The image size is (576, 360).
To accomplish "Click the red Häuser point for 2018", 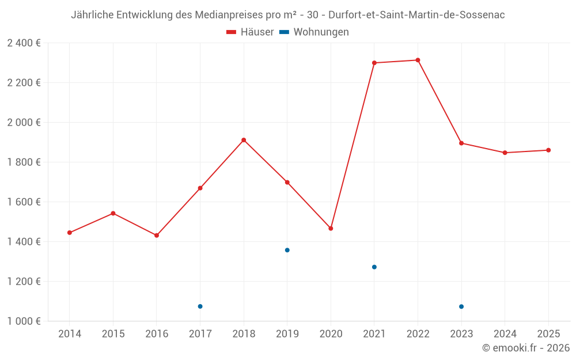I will [244, 140].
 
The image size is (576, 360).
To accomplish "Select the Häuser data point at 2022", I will [418, 60].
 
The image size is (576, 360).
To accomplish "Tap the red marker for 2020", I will [331, 229].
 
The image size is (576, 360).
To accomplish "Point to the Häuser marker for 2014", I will [70, 233].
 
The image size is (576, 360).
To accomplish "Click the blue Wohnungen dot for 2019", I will [287, 250].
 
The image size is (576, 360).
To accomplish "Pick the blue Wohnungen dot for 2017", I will [200, 306].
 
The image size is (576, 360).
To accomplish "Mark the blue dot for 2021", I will [374, 267].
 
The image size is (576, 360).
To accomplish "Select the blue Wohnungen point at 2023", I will [461, 306].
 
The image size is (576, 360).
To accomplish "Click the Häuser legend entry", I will [250, 32].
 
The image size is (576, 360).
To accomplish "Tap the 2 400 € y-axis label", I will [24, 43].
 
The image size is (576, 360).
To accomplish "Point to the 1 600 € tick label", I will [24, 202].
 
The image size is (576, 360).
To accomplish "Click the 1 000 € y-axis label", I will [24, 321].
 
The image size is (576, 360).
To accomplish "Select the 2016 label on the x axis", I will [157, 334].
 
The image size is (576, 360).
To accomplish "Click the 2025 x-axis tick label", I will [548, 334].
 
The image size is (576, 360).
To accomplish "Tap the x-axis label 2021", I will [374, 334].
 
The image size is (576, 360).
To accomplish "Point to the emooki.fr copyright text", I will [526, 348].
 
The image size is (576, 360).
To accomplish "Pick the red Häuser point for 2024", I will [505, 153].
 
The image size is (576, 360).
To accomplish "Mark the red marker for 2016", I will [157, 236].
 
